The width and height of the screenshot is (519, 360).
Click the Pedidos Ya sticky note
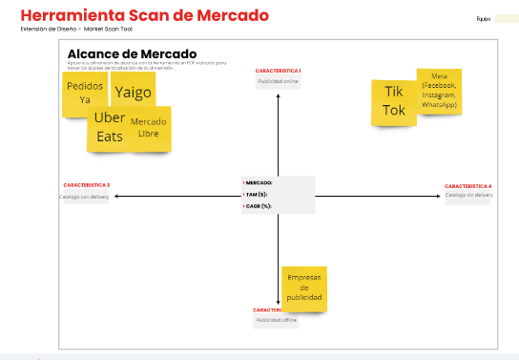pyautogui.click(x=85, y=94)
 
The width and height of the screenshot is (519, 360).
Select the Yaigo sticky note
pyautogui.click(x=133, y=92)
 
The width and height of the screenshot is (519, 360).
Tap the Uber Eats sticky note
pyautogui.click(x=110, y=127)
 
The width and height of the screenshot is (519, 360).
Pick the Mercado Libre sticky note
pyautogui.click(x=148, y=128)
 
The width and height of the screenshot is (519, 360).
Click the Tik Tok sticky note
pyautogui.click(x=394, y=101)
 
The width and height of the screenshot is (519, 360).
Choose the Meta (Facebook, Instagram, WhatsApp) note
pyautogui.click(x=439, y=90)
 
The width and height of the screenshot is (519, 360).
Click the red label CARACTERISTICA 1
pyautogui.click(x=279, y=71)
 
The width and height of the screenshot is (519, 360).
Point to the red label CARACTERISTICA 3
pyautogui.click(x=86, y=184)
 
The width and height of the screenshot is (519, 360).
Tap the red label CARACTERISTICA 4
pyautogui.click(x=468, y=185)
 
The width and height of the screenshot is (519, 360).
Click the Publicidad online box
pyautogui.click(x=279, y=82)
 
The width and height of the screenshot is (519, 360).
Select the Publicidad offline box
pyautogui.click(x=276, y=321)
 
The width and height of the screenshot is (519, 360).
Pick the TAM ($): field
pyautogui.click(x=256, y=194)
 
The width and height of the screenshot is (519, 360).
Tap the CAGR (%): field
pyautogui.click(x=258, y=206)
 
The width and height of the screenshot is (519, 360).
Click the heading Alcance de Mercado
pyautogui.click(x=132, y=53)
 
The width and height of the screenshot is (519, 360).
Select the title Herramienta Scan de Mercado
pyautogui.click(x=144, y=16)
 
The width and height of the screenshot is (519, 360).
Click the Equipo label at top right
pyautogui.click(x=483, y=19)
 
